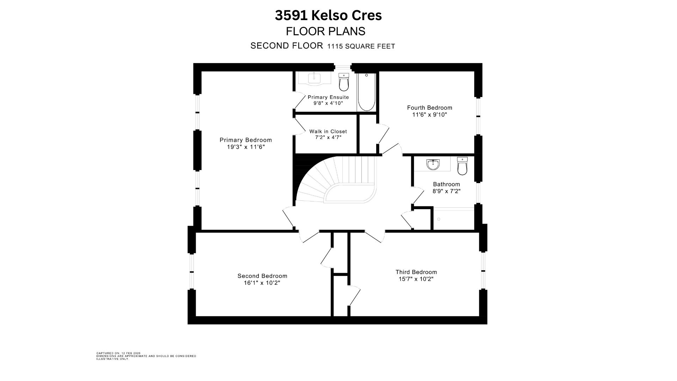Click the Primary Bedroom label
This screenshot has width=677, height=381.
pos(245,140)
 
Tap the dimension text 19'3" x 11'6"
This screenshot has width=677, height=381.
pos(245,147)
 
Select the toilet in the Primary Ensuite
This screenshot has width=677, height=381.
pos(343,82)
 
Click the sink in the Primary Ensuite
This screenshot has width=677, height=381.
pos(314,78)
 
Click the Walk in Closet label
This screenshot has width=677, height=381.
pos(328,132)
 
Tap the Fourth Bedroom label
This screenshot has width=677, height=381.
pos(429,108)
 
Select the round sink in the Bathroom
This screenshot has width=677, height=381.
pos(433,164)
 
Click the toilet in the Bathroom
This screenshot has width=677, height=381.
pos(462,166)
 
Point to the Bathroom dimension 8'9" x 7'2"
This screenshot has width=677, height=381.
pos(446,192)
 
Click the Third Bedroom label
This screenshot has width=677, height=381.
pos(416,272)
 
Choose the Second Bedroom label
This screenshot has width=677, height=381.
pos(262,276)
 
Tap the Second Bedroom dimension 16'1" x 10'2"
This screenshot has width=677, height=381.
pos(262,283)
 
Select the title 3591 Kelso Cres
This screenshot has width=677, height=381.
pos(328,16)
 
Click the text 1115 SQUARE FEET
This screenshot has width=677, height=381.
pos(361,46)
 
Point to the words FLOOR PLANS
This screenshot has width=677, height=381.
pos(325,31)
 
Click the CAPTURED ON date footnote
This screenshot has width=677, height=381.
pos(118,353)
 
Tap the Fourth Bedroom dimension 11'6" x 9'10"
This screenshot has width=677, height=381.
pos(429,115)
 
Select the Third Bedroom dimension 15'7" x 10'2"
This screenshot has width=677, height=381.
pos(416,279)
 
